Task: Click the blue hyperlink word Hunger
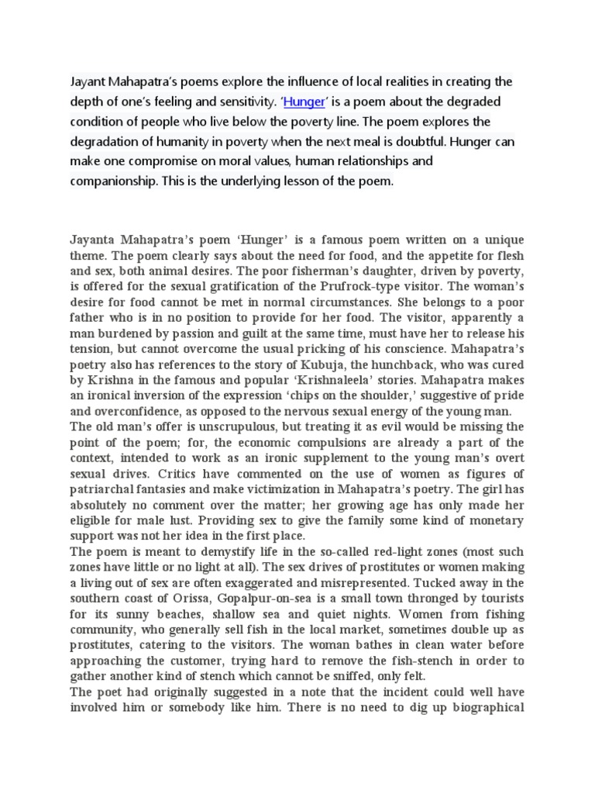(x=303, y=102)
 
